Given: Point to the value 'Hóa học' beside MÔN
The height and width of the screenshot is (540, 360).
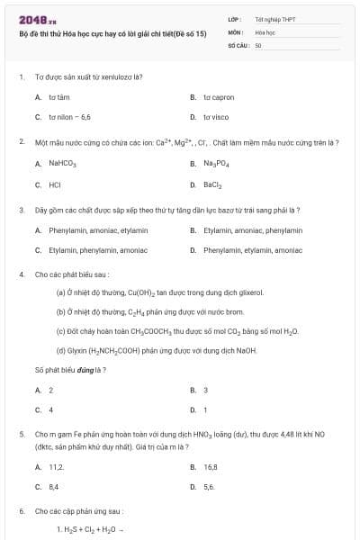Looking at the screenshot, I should pyautogui.click(x=265, y=31).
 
